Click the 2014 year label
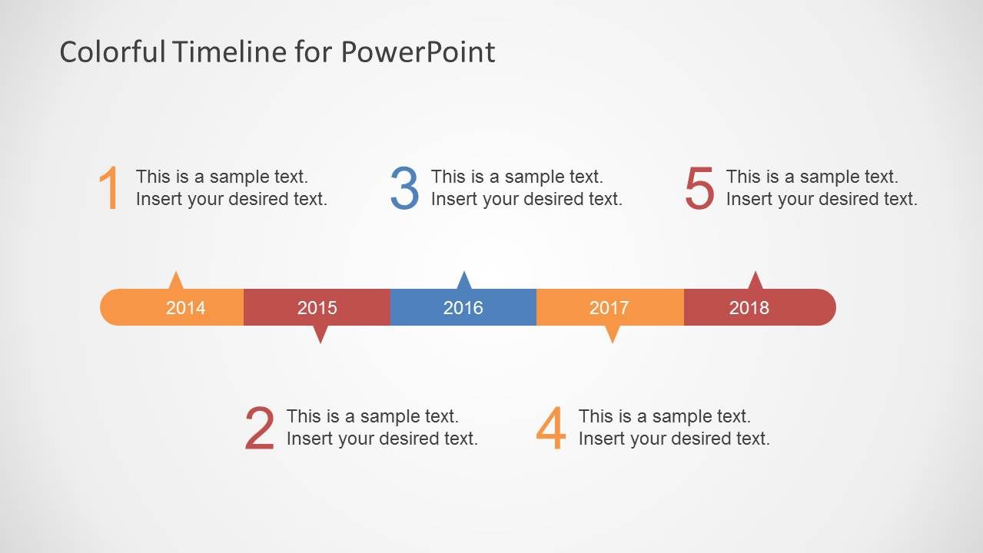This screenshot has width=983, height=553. pos(185,308)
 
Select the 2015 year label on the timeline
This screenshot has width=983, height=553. pos(317,308)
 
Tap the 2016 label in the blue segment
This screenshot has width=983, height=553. pos(463,308)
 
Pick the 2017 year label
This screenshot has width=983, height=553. pos(609,308)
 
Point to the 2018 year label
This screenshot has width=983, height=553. pos(749,308)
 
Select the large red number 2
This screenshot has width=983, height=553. pos(259,428)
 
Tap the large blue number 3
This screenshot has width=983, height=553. pos(404,187)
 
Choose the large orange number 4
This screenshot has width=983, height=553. pos(551,428)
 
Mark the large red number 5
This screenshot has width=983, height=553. pos(699,188)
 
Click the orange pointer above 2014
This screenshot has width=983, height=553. pos(176,280)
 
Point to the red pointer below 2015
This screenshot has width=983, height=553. pos(320,334)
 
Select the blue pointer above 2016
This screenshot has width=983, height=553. pos(464,280)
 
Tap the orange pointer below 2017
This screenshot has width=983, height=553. pos(613,334)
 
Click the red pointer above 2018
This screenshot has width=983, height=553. pos(756,280)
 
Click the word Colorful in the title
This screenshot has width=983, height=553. pos(112,51)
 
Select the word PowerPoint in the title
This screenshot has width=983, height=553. pos(418,51)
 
